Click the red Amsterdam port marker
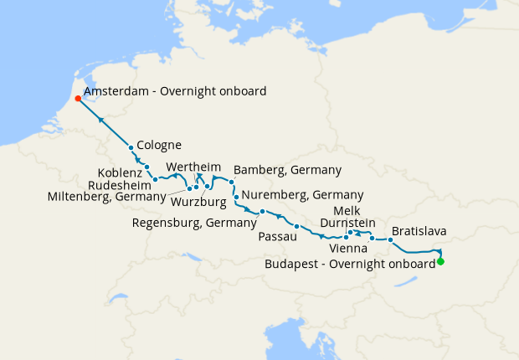pyautogui.click(x=77, y=98)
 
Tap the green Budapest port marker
pyautogui.click(x=440, y=262)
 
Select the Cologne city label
pyautogui.click(x=160, y=143)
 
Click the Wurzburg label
pyautogui.click(x=198, y=201)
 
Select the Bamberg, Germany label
pyautogui.click(x=287, y=169)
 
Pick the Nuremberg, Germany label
pyautogui.click(x=291, y=194)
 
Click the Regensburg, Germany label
pyautogui.click(x=194, y=223)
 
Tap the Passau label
pyautogui.click(x=279, y=238)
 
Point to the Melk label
pyautogui.click(x=347, y=210)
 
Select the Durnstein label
pyautogui.click(x=347, y=223)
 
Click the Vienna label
pyautogui.click(x=348, y=249)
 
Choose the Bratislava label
pyautogui.click(x=419, y=230)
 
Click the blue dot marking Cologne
pyautogui.click(x=131, y=148)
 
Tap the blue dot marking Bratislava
pyautogui.click(x=390, y=239)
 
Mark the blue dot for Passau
pyautogui.click(x=297, y=227)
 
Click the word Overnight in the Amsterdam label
pyautogui.click(x=176, y=90)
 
